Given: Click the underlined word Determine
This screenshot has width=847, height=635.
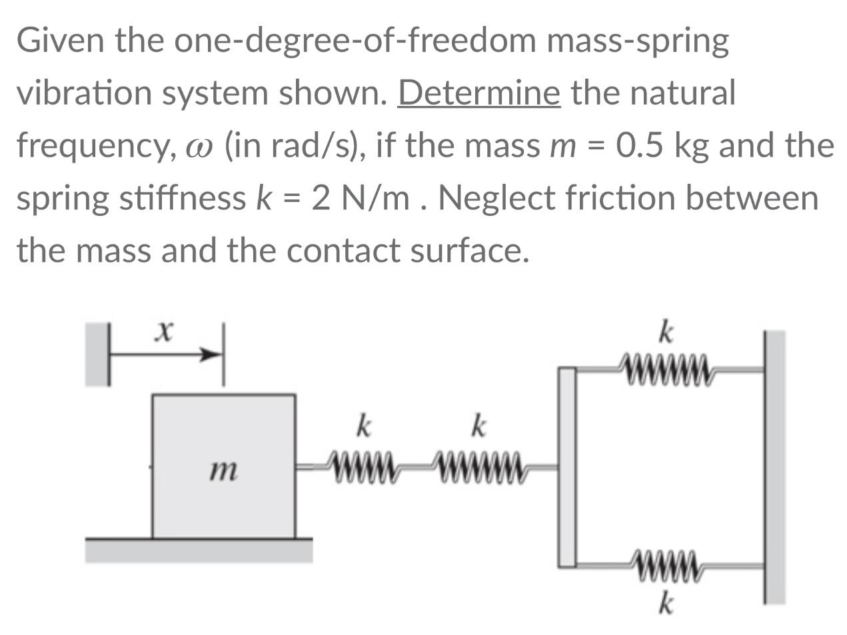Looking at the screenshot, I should click(x=478, y=93).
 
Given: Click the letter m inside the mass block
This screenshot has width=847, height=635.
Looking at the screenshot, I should click(x=223, y=472).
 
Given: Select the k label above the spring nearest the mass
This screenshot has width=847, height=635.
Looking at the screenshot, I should click(x=363, y=426).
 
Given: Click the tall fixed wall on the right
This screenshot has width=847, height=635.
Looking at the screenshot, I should click(x=774, y=466).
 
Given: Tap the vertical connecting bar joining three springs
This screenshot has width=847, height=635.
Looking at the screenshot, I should click(x=567, y=466).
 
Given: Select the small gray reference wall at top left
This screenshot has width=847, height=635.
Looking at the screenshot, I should click(x=98, y=354).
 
